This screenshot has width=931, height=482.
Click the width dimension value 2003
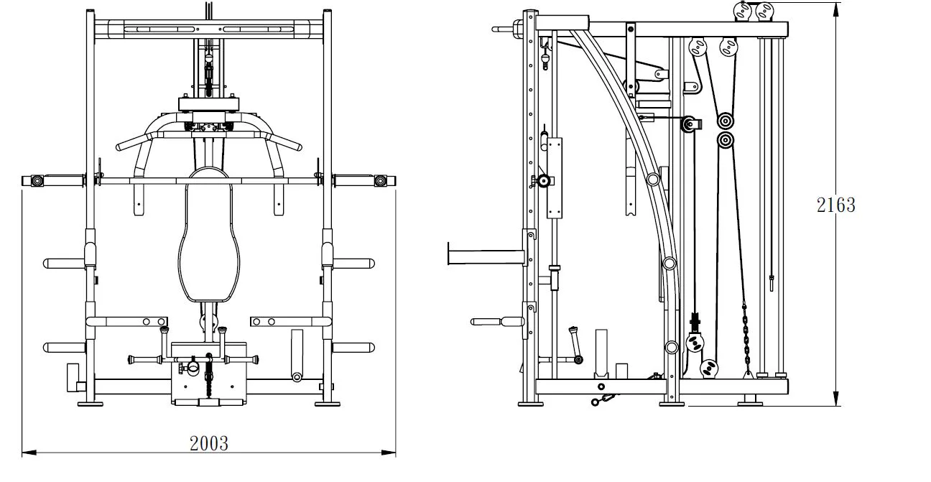(x=209, y=443)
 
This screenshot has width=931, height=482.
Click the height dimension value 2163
(x=836, y=205)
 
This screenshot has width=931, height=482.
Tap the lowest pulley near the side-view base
(x=710, y=369)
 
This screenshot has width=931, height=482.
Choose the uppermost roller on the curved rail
(x=652, y=179)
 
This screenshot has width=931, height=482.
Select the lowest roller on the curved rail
(x=671, y=348)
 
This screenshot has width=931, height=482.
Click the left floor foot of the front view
(x=90, y=403)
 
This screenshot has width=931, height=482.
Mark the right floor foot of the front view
(x=328, y=403)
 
